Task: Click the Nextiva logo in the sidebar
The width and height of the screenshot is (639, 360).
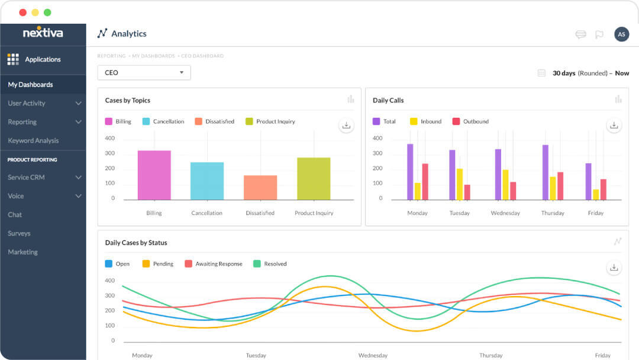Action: (43, 33)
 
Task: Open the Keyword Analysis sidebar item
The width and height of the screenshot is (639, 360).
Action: (33, 141)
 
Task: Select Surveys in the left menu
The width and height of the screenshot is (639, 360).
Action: (19, 233)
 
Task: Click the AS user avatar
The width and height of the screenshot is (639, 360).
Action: (621, 34)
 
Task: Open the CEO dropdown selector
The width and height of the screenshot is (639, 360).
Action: (144, 73)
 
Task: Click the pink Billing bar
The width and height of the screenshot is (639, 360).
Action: (154, 175)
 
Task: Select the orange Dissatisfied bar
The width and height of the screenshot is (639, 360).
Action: (260, 187)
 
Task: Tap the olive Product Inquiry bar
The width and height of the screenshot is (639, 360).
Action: (314, 178)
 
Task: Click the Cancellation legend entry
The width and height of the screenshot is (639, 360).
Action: (163, 121)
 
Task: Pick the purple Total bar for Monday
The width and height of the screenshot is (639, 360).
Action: (410, 172)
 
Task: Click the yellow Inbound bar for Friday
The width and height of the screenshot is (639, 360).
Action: (596, 194)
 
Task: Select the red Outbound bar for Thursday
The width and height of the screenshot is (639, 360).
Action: (560, 186)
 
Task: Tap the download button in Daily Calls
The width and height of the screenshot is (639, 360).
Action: (614, 126)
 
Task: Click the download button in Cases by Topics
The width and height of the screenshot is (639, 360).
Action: (346, 126)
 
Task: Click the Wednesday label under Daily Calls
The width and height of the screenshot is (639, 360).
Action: (505, 213)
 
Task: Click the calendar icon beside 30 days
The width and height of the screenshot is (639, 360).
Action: (541, 73)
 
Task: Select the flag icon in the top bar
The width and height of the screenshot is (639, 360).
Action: (599, 34)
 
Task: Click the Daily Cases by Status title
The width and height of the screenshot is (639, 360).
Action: (136, 243)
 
